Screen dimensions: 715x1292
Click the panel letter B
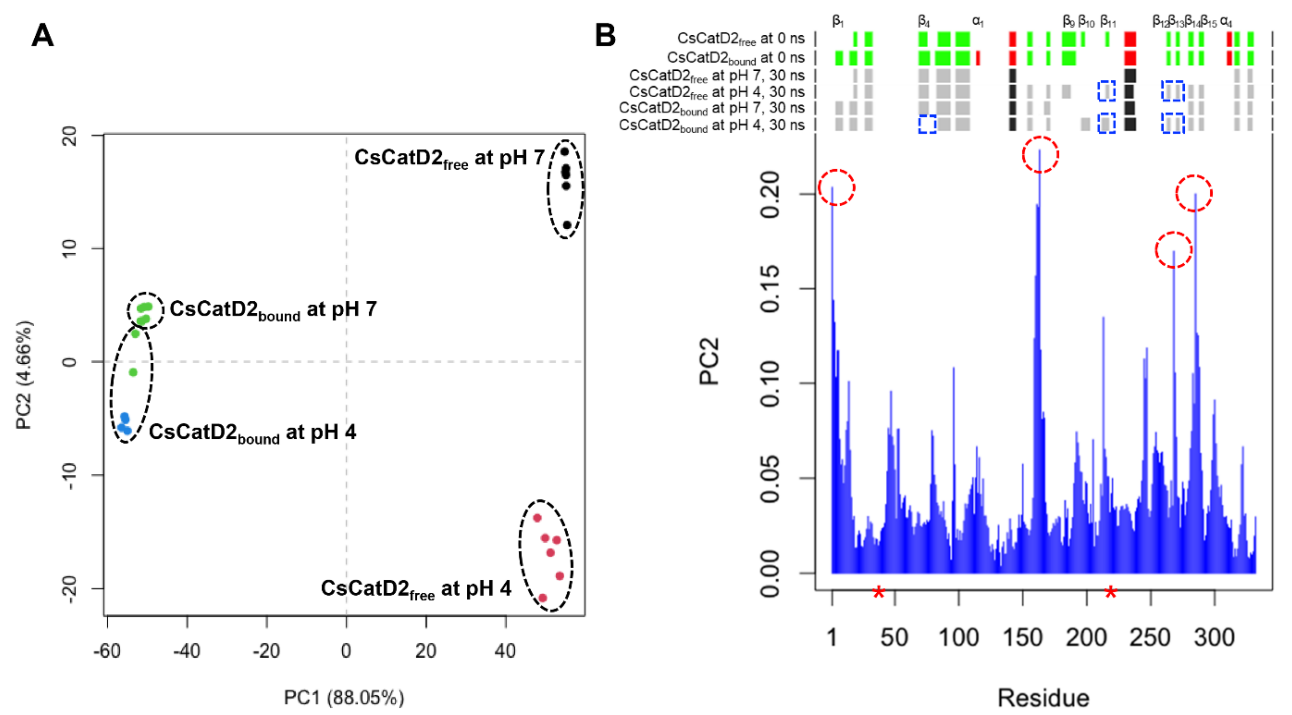coord(605,36)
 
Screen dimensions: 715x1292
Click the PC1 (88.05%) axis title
coord(344,697)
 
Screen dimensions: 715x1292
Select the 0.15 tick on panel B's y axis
coord(770,289)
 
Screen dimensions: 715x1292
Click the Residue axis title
coord(1043,697)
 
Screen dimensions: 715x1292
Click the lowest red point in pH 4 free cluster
coord(542,598)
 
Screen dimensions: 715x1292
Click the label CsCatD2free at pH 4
coord(416,589)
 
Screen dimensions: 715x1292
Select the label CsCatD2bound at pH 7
coord(273,310)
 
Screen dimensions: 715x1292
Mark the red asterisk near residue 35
coord(878,593)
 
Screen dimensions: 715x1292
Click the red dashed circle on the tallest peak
coord(1040,155)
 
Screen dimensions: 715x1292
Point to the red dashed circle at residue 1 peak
coord(836,187)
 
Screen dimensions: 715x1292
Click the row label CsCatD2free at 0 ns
coord(740,39)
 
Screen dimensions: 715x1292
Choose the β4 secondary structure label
coord(923,21)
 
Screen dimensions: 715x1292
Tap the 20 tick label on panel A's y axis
coord(69,136)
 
